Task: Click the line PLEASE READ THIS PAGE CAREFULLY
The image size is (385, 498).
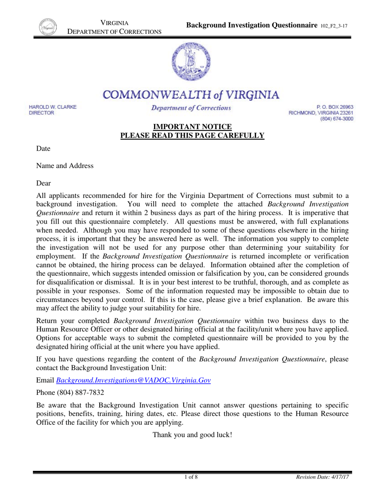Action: (x=192, y=136)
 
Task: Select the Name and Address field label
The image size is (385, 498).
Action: (x=65, y=166)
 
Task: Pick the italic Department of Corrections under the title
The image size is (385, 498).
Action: (x=191, y=108)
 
